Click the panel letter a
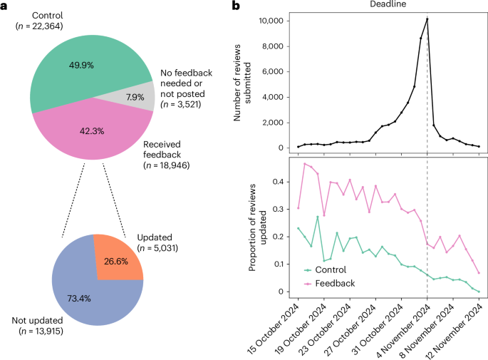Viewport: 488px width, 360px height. [6, 6]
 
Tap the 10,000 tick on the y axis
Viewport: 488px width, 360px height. [274, 21]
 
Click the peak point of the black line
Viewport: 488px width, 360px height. [427, 19]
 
